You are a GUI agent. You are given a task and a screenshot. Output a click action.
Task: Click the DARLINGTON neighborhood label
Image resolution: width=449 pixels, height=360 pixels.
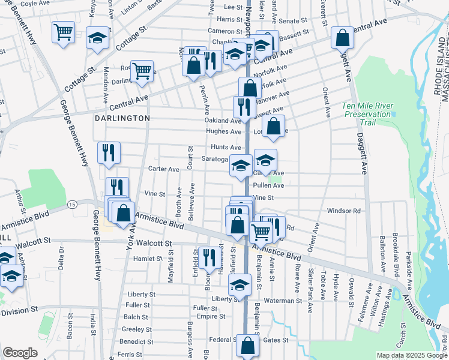[122, 118]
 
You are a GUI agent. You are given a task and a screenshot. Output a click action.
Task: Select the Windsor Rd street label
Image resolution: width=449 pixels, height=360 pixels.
[343, 211]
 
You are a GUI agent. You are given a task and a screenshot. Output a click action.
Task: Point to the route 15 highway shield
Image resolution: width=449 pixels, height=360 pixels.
[72, 205]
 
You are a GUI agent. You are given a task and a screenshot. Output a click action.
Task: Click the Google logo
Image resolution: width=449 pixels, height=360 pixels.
[20, 353]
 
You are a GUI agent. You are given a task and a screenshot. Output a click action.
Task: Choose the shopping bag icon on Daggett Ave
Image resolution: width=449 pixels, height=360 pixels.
[342, 39]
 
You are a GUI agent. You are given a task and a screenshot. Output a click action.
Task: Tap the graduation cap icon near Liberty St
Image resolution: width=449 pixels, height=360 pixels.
[240, 286]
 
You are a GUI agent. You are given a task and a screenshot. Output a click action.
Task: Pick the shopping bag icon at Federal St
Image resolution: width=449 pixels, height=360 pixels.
[247, 346]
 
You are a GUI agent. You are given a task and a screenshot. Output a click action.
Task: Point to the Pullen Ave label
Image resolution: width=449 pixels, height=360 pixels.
[268, 186]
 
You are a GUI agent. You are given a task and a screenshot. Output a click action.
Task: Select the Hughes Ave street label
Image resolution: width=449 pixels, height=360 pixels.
[223, 131]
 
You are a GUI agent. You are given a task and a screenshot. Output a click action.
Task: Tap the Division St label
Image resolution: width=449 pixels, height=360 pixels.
[19, 312]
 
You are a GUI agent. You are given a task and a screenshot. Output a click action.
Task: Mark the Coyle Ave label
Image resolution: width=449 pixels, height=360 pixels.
[35, 3]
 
